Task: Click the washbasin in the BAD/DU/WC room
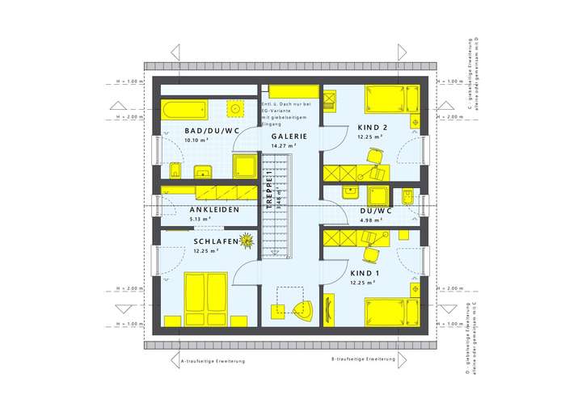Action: (x=202, y=171)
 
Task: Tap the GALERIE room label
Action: (x=289, y=136)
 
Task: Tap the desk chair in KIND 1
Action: (x=371, y=253)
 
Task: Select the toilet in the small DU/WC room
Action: (x=408, y=197)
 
